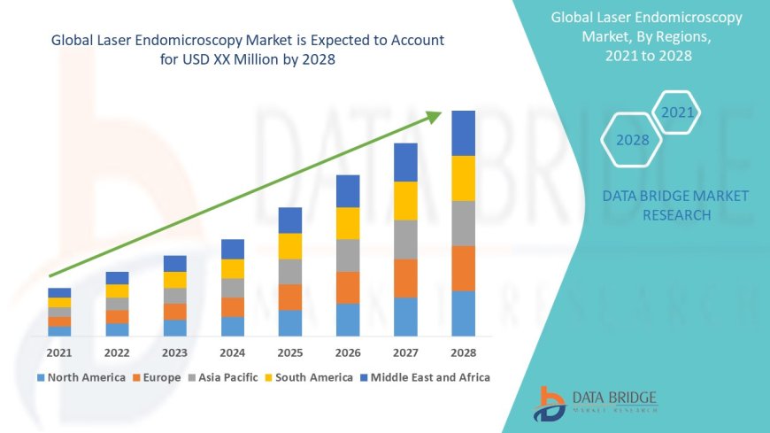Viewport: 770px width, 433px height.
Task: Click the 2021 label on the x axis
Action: pyautogui.click(x=59, y=352)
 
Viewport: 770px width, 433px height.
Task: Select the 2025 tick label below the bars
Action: pyautogui.click(x=290, y=352)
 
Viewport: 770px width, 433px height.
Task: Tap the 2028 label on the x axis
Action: pyautogui.click(x=463, y=352)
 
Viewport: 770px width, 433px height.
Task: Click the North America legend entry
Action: pyautogui.click(x=81, y=377)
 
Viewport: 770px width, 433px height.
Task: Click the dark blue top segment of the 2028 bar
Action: pyautogui.click(x=463, y=133)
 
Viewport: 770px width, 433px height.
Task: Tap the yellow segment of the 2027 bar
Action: pyautogui.click(x=405, y=200)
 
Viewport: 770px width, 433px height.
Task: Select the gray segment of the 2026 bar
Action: pyautogui.click(x=348, y=255)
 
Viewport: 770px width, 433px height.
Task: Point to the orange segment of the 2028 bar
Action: pyautogui.click(x=463, y=268)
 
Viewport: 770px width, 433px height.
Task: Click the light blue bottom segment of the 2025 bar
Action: pyautogui.click(x=290, y=322)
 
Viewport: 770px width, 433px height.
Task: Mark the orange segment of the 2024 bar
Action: pyautogui.click(x=233, y=306)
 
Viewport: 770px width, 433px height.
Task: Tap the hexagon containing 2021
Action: pyautogui.click(x=677, y=112)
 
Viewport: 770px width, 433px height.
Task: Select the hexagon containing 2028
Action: pyautogui.click(x=632, y=140)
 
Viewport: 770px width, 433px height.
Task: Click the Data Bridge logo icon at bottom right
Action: pyautogui.click(x=550, y=404)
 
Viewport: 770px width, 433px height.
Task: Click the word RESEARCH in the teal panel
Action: pyautogui.click(x=675, y=215)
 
